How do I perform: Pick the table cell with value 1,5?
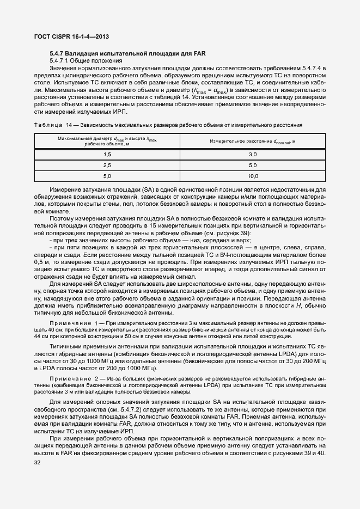point(107,155)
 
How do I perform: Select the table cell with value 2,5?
point(107,165)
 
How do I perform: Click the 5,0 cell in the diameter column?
point(107,176)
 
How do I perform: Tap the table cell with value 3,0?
point(252,155)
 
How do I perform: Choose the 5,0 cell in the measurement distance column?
point(252,165)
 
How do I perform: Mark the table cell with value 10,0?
point(252,176)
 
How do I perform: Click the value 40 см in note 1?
point(42,330)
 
